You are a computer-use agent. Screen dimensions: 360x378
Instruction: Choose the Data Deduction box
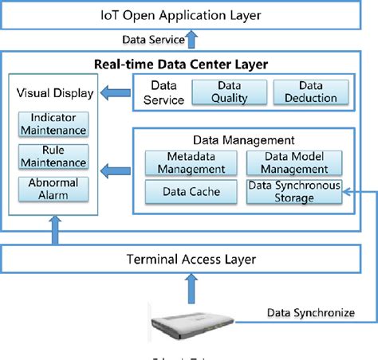[305, 92]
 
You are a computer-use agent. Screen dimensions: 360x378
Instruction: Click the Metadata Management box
[185, 163]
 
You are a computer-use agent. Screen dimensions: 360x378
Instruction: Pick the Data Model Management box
[294, 163]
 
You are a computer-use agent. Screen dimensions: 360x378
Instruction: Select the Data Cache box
[185, 191]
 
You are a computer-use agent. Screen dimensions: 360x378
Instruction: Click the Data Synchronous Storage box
[294, 191]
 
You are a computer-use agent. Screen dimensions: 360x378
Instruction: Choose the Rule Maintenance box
[52, 157]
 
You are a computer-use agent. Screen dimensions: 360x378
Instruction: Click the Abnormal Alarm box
[52, 189]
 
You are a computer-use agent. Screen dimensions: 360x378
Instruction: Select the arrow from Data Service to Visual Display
[114, 93]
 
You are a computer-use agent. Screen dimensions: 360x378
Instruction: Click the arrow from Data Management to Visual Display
[114, 169]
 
